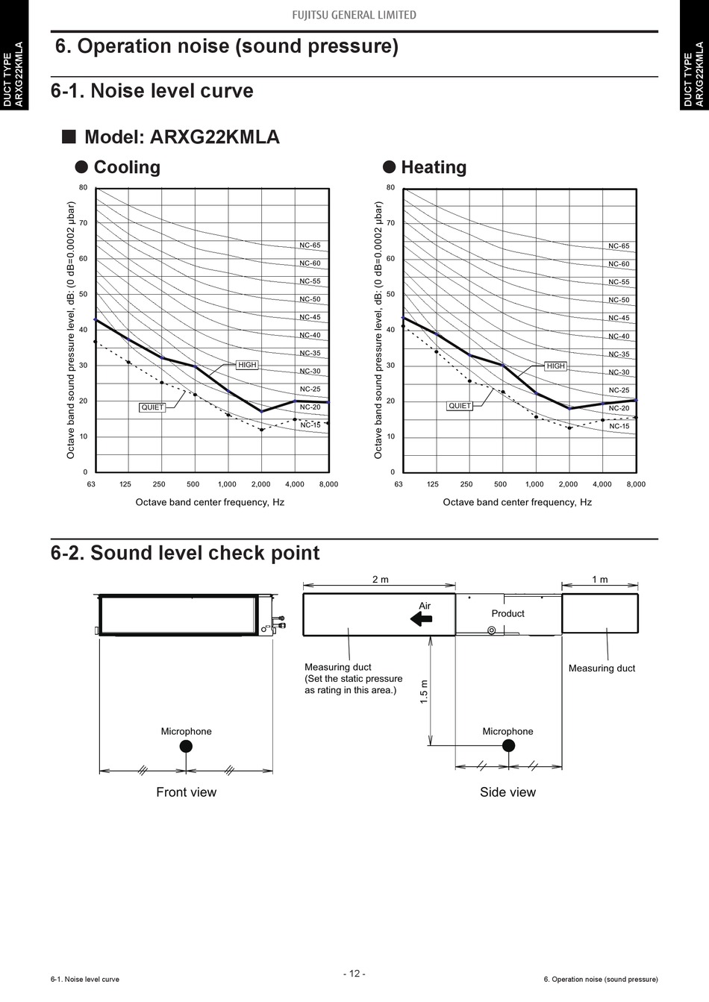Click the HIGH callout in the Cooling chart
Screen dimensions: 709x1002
click(247, 365)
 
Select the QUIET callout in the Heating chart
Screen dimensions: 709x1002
click(460, 406)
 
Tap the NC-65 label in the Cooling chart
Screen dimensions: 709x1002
click(310, 245)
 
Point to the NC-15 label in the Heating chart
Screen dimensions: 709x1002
click(619, 426)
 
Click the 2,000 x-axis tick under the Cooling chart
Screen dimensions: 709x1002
click(260, 484)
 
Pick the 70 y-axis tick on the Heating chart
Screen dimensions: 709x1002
click(390, 223)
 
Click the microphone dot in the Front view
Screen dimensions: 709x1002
click(186, 746)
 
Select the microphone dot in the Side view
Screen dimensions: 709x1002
click(508, 745)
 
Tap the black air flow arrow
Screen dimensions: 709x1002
click(421, 619)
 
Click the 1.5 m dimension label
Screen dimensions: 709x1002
click(424, 692)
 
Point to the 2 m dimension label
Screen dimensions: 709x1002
click(381, 579)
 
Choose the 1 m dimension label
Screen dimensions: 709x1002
click(600, 579)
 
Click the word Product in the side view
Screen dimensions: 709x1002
click(507, 613)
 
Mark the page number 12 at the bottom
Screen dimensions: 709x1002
click(354, 974)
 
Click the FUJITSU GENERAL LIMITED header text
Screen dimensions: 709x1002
click(354, 15)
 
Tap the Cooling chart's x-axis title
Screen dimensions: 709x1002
click(210, 502)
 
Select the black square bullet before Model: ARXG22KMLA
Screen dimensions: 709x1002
click(69, 136)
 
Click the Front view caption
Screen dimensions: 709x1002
click(186, 792)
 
